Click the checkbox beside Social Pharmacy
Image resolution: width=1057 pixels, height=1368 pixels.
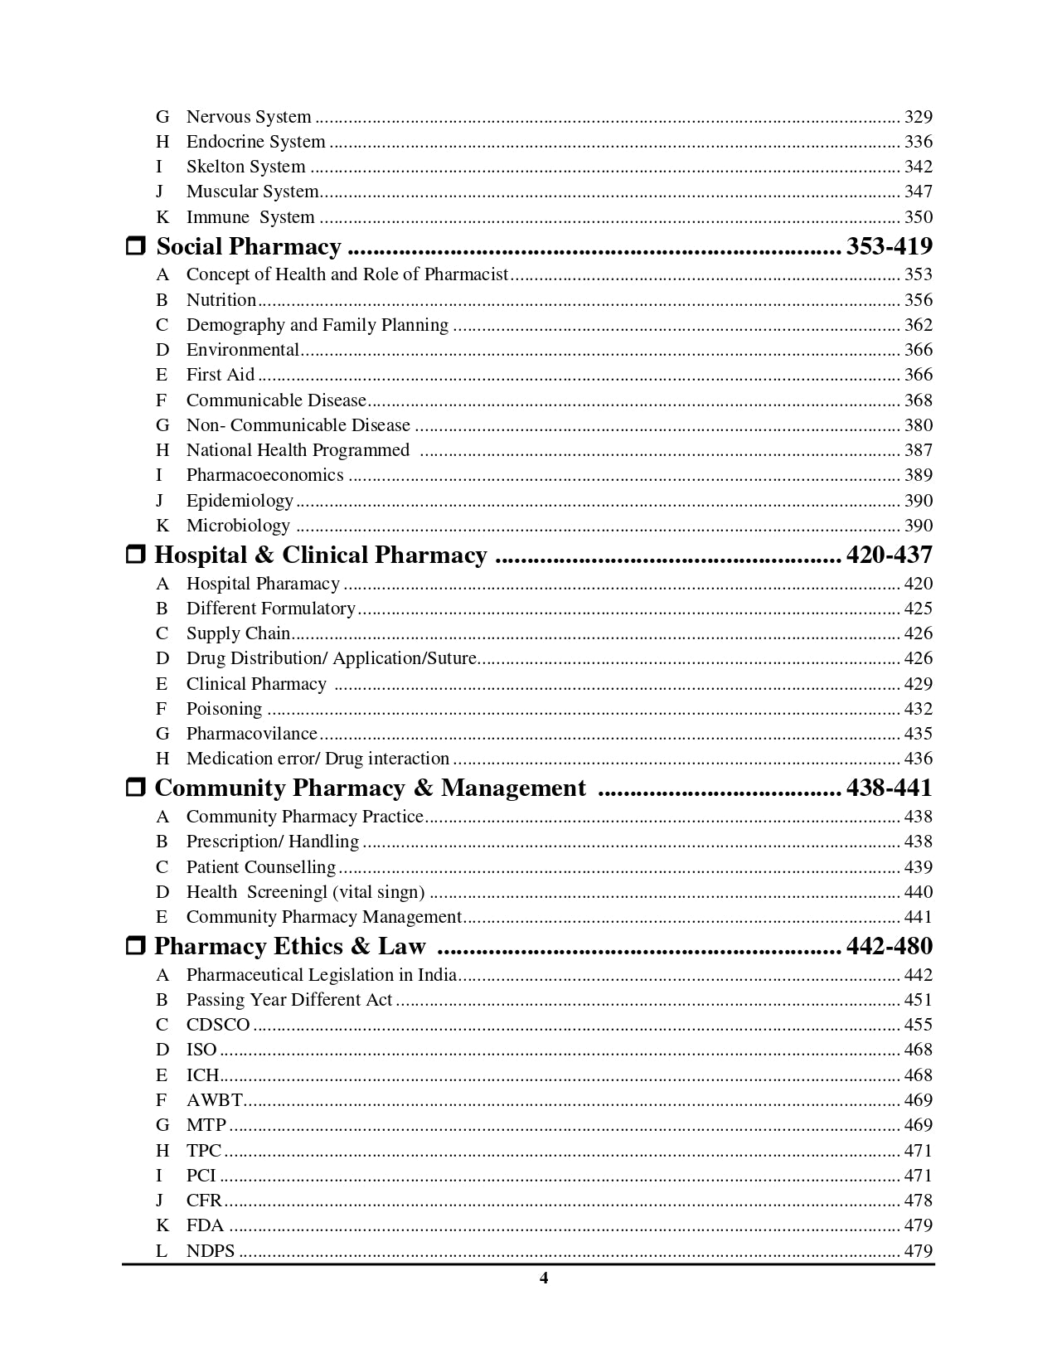(x=136, y=247)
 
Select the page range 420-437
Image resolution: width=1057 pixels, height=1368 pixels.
(x=889, y=555)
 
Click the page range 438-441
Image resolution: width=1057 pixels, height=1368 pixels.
(x=889, y=788)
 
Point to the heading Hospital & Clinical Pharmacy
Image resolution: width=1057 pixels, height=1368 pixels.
(x=321, y=555)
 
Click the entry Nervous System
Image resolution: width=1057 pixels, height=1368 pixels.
(x=249, y=117)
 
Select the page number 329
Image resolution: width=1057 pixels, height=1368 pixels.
(x=918, y=117)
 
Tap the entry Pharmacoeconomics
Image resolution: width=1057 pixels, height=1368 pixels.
(x=264, y=475)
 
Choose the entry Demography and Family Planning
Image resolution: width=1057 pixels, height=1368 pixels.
(x=317, y=325)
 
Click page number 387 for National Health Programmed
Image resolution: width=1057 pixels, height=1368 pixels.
(x=918, y=450)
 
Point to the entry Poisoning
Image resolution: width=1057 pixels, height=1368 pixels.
(x=224, y=709)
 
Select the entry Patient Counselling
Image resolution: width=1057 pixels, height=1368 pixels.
(x=260, y=867)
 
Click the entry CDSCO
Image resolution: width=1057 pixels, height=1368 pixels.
(x=218, y=1025)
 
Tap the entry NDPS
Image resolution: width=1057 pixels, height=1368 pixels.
(x=211, y=1251)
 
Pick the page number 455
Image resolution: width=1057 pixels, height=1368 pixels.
(x=918, y=1025)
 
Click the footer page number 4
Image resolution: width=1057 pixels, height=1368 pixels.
(x=544, y=1278)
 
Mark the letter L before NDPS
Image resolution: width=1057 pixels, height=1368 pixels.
(x=162, y=1251)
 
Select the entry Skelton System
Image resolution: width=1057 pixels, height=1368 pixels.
(x=245, y=167)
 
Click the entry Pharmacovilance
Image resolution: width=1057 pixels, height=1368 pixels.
(x=251, y=734)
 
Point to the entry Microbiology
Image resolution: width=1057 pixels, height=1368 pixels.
(x=238, y=526)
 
